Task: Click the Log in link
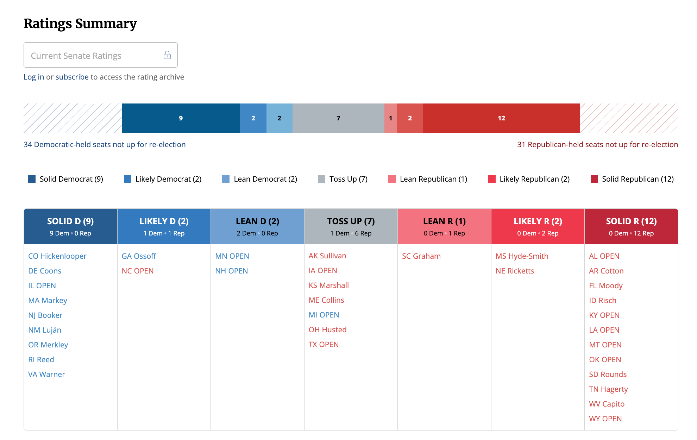coord(34,77)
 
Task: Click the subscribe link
coord(72,77)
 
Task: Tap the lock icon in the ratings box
coord(167,55)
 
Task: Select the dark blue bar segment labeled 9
coord(181,118)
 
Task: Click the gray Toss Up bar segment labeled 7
coord(338,118)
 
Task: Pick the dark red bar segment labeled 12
coord(501,118)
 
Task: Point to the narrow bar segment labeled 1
coord(390,118)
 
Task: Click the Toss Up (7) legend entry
coord(343,179)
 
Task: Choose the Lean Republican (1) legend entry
coord(428,179)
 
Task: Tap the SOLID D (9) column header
coord(70,226)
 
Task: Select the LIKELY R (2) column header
coord(538,226)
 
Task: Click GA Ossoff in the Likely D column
coord(139,256)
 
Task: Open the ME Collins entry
coord(326,300)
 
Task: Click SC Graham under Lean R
coord(421,256)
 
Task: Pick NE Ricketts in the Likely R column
coord(515,271)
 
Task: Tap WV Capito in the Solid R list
coord(607,404)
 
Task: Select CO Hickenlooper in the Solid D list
coord(57,256)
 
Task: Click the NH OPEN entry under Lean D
coord(231,271)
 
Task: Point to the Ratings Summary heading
coord(80,24)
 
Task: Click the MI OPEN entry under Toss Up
coord(324,315)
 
